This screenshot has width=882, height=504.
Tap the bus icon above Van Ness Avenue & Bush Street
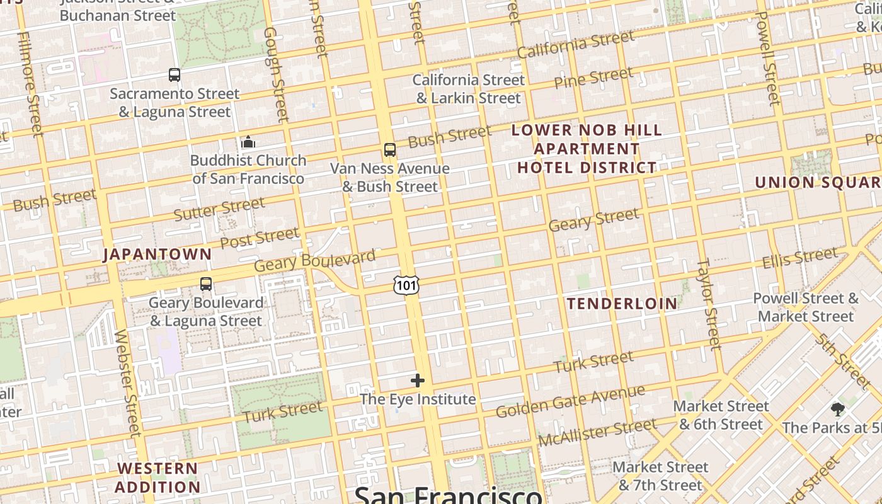pyautogui.click(x=390, y=150)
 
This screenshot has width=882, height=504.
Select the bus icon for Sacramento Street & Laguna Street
pyautogui.click(x=175, y=75)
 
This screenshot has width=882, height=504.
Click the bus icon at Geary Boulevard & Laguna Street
pyautogui.click(x=206, y=284)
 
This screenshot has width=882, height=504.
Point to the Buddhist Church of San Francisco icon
pyautogui.click(x=248, y=142)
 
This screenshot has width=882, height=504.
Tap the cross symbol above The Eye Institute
pyautogui.click(x=418, y=381)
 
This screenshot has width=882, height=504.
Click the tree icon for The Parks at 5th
pyautogui.click(x=837, y=409)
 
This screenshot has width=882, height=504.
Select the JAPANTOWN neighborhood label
pyautogui.click(x=157, y=255)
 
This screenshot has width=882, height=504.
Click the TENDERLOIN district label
pyautogui.click(x=622, y=304)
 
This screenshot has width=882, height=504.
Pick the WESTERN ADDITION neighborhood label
pyautogui.click(x=157, y=478)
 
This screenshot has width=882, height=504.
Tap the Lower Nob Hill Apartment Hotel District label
pyautogui.click(x=587, y=149)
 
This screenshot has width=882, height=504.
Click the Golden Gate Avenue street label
pyautogui.click(x=570, y=401)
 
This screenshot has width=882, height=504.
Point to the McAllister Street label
pyautogui.click(x=597, y=432)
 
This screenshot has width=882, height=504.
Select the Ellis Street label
pyautogui.click(x=799, y=258)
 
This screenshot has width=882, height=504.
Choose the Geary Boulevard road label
pyautogui.click(x=314, y=261)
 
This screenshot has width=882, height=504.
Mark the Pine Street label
pyautogui.click(x=593, y=78)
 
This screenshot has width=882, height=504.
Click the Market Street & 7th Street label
pyautogui.click(x=660, y=476)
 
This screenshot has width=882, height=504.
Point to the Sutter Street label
pyautogui.click(x=219, y=209)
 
